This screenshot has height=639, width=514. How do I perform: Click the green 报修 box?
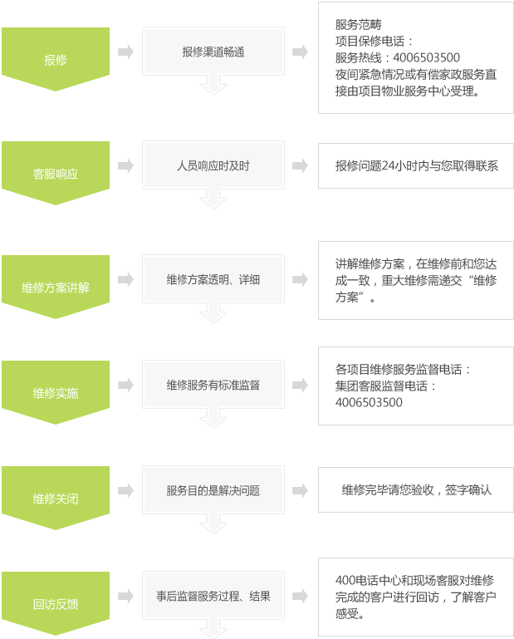pos(56,59)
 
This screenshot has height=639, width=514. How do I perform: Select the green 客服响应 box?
pos(56,173)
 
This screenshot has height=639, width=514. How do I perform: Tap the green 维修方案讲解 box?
pos(56,287)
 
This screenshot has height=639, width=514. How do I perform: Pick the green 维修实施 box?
pos(56,392)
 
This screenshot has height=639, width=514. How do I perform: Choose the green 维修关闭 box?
pos(56,498)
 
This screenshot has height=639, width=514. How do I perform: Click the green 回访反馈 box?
pos(56,603)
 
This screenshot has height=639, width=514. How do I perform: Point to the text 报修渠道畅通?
pos(213,52)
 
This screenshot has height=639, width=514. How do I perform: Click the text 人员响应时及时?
pos(213,165)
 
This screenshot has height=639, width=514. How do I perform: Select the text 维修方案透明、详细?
pos(213,279)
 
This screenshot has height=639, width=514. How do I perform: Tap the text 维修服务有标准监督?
pos(213,385)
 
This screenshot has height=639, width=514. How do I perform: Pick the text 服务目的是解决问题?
pos(213,490)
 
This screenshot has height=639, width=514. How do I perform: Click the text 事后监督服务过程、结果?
pos(213,596)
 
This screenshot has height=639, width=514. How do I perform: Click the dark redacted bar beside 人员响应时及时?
pos(416,166)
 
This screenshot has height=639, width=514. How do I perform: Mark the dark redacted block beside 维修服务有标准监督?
pos(402,385)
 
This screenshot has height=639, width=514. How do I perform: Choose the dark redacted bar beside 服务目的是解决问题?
pos(416,490)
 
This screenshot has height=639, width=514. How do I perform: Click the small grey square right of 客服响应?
pos(125,165)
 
